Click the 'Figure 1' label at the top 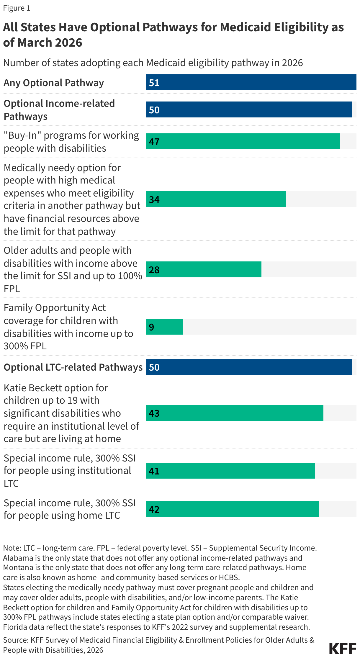point(17,8)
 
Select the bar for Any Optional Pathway point(251,83)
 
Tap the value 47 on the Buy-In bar point(154,142)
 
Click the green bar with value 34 point(216,199)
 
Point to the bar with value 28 point(203,270)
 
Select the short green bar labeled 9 point(164,327)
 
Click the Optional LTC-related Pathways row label point(73,367)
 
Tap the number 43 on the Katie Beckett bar point(154,413)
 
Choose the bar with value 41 point(230,471)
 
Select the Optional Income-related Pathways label point(59,110)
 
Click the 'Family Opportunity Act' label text point(55,308)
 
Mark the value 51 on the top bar point(154,83)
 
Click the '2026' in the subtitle point(292,63)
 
